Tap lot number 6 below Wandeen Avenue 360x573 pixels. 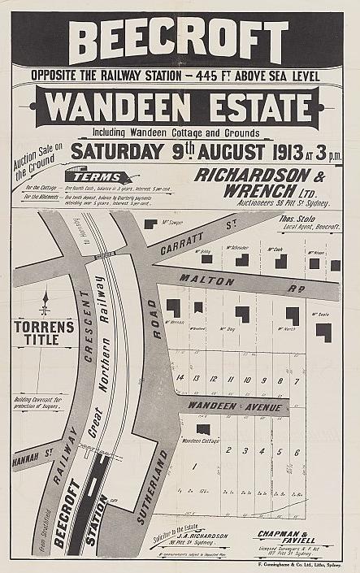coord(297,452)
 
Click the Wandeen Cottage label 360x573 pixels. coord(200,441)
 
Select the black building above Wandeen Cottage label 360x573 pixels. coord(202,428)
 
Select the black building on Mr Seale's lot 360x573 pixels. coord(323,332)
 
